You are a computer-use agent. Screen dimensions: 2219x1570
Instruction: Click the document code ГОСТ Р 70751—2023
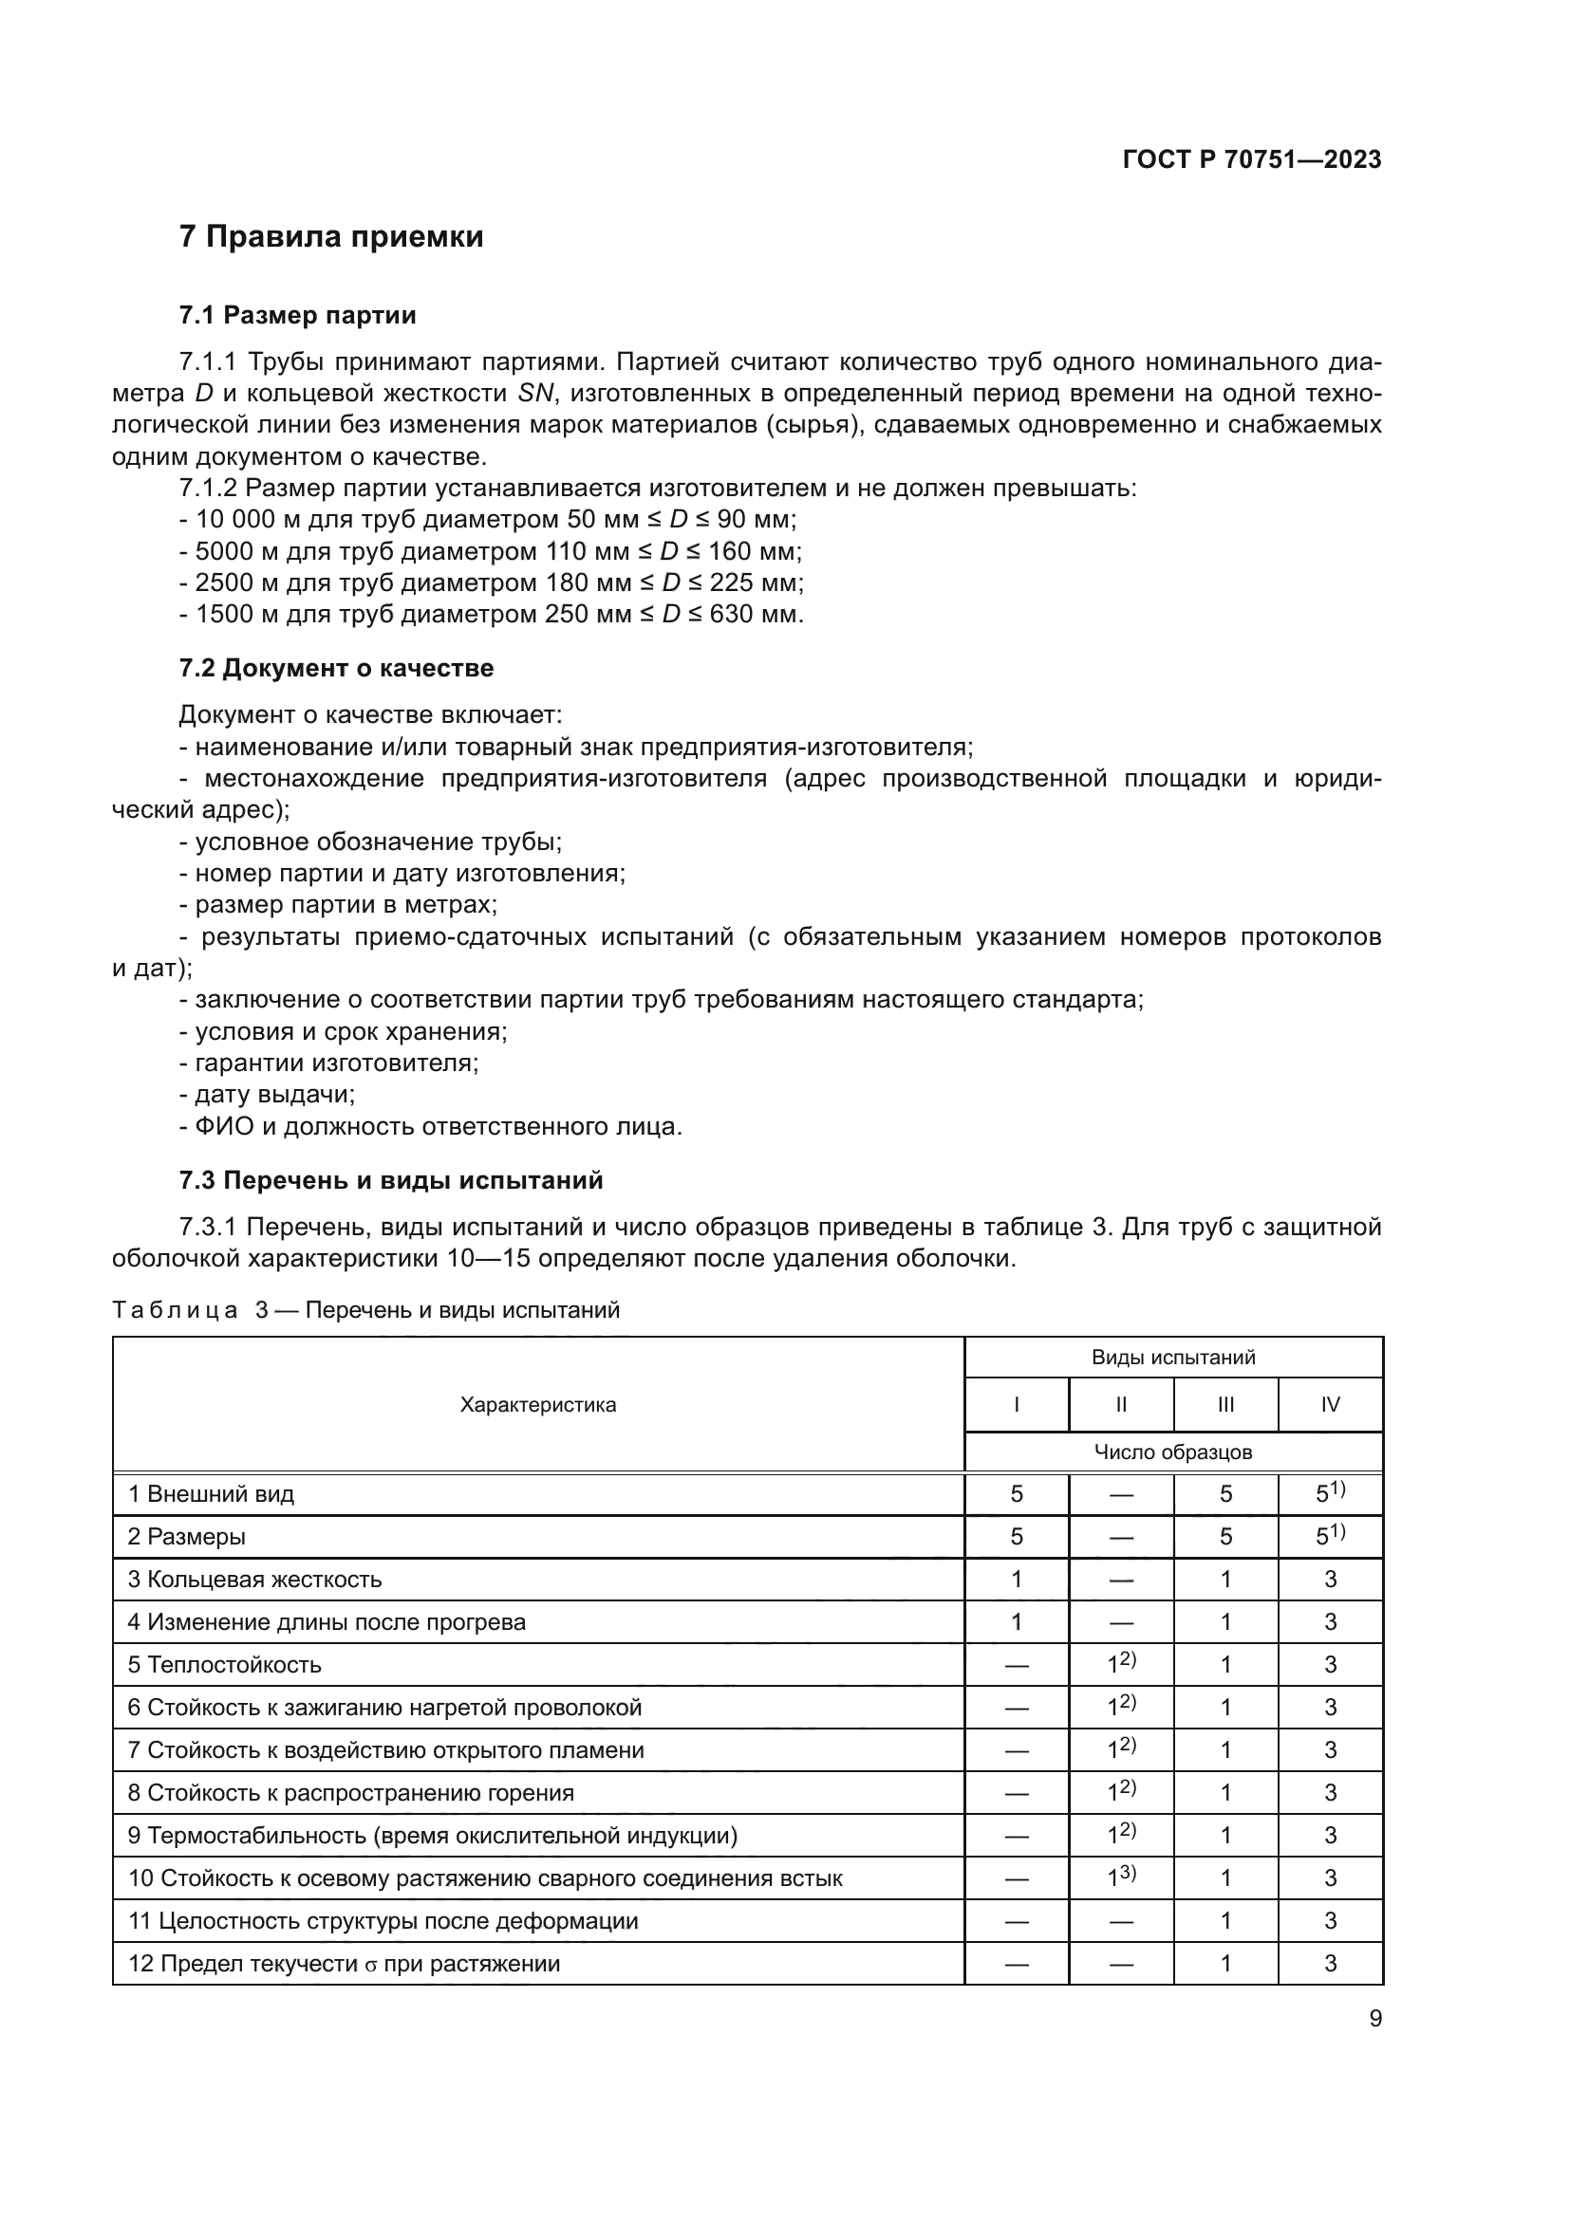(x=1252, y=160)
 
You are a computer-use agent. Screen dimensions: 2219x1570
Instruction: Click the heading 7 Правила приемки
(x=331, y=237)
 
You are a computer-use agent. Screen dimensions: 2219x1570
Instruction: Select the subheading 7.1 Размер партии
(x=298, y=315)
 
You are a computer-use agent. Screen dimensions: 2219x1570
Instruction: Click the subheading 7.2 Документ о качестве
(x=335, y=668)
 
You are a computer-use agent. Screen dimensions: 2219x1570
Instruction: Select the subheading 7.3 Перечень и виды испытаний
(x=390, y=1180)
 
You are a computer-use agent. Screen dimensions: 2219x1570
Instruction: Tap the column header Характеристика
(x=537, y=1405)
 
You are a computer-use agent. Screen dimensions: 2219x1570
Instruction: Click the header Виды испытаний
(x=1172, y=1357)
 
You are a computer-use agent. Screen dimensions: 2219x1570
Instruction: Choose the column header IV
(x=1330, y=1405)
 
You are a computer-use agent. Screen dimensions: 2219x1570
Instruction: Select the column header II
(x=1120, y=1405)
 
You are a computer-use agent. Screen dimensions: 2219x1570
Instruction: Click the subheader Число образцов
(x=1172, y=1452)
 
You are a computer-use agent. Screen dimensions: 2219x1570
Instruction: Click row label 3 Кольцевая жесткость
(x=255, y=1581)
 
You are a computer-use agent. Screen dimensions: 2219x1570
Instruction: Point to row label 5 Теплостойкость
(x=224, y=1665)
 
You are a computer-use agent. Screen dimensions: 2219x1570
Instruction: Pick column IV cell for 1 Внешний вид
(x=1330, y=1494)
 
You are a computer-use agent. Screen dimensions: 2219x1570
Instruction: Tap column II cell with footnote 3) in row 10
(x=1121, y=1877)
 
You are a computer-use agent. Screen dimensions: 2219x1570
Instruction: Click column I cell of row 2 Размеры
(x=1016, y=1537)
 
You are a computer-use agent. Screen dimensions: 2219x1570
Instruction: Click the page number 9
(x=1375, y=2019)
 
